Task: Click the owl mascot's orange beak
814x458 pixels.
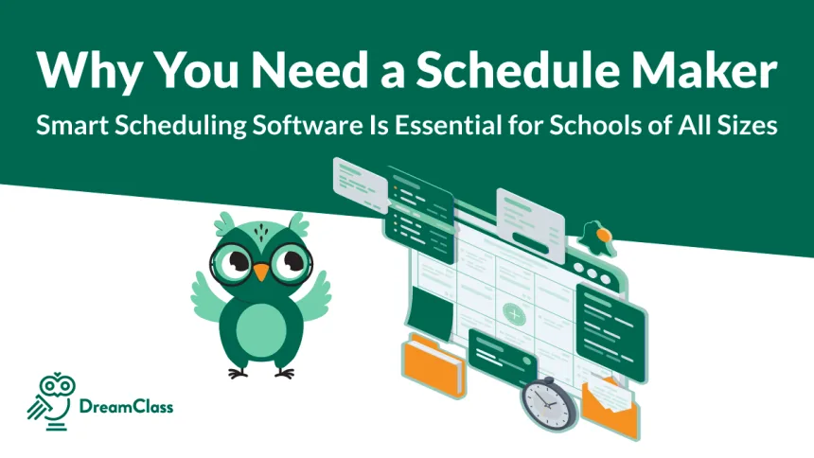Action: coord(261,273)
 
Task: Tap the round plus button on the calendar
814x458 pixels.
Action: coord(514,311)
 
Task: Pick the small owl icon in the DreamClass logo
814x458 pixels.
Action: coord(52,398)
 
